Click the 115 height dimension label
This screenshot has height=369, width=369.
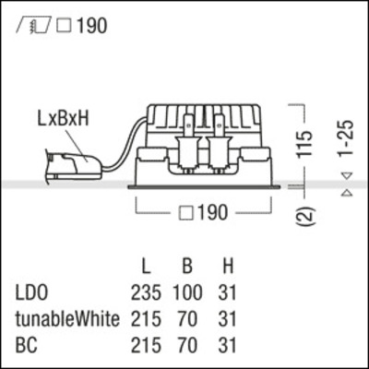click(311, 142)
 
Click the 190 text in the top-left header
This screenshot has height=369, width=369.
click(91, 25)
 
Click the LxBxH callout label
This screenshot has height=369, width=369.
click(65, 120)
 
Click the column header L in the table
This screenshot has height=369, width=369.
click(146, 268)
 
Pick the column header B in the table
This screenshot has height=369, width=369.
click(187, 268)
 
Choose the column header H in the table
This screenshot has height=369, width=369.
click(228, 268)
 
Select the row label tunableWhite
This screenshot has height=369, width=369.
click(67, 320)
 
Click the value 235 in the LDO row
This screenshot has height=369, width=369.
click(146, 294)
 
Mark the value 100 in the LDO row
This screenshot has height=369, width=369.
click(187, 294)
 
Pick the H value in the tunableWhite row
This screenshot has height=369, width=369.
click(228, 320)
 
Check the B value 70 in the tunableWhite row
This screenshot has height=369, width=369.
click(187, 320)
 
